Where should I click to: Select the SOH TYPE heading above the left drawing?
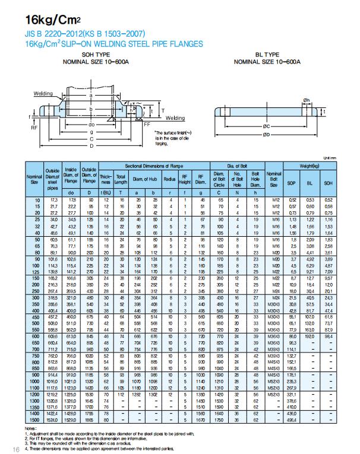(x=96, y=54)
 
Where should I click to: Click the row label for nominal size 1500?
(x=33, y=420)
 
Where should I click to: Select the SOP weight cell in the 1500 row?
(x=292, y=420)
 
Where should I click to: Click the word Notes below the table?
(x=30, y=428)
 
